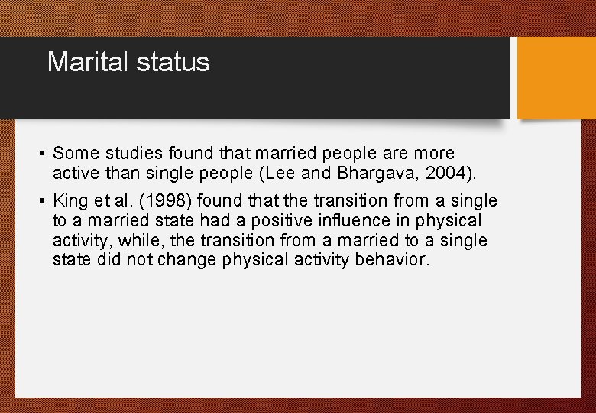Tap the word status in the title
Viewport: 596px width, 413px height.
173,62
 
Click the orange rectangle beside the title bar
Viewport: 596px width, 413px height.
556,78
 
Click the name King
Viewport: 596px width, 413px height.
70,201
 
